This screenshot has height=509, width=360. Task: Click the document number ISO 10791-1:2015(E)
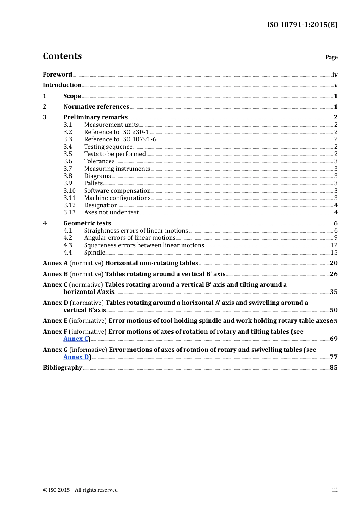302,25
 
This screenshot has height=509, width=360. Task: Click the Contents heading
62,56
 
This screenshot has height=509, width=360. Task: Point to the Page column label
331,57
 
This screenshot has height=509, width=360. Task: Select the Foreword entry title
57,75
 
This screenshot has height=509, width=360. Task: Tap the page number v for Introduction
335,85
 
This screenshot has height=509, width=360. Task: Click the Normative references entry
96,107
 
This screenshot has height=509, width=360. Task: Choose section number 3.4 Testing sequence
68,147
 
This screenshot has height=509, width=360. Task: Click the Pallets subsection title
93,183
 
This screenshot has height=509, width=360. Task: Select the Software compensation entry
117,191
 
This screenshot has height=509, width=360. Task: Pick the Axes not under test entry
111,212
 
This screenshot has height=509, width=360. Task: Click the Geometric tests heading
87,223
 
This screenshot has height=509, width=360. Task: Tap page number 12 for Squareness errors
334,245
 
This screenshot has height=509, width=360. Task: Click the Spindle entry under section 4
94,253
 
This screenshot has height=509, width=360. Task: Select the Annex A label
55,263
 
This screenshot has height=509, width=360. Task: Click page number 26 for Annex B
333,274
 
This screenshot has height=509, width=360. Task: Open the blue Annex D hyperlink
76,357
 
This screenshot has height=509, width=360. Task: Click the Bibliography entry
63,368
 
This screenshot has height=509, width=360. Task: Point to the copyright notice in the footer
80,490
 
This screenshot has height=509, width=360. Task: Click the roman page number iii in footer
335,490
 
